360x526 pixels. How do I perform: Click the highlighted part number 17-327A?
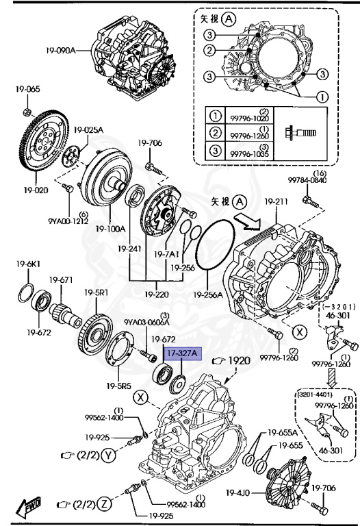click(x=181, y=353)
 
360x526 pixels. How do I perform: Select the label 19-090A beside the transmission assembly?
click(x=60, y=50)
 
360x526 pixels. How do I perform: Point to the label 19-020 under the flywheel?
click(x=38, y=190)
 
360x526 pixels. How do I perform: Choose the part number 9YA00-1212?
click(x=68, y=220)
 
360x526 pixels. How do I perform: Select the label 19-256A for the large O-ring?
click(x=208, y=295)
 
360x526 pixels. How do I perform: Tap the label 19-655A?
click(x=282, y=432)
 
